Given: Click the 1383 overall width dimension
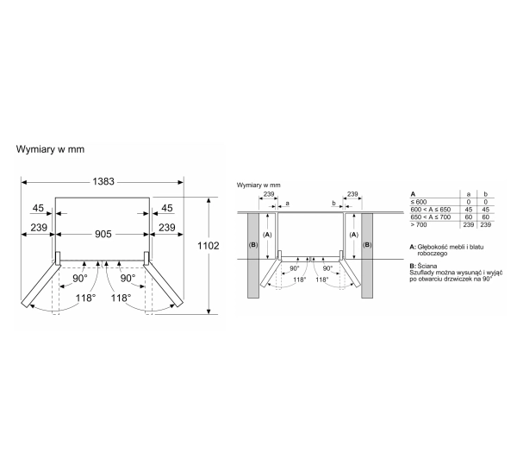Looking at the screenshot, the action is point(103,182).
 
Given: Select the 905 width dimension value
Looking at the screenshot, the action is point(103,234).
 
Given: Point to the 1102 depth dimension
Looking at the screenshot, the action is point(208,246).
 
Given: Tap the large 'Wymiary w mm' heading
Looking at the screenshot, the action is point(50,149).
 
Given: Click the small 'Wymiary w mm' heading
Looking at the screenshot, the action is point(258,185).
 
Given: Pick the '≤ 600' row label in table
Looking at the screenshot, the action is point(419,202).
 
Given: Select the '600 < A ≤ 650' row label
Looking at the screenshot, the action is point(430,210).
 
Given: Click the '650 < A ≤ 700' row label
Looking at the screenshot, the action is point(430,217).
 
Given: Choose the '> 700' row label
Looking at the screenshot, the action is point(419,224).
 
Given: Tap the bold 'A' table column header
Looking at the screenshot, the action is point(413,194).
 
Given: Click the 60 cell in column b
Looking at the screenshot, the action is point(485,217).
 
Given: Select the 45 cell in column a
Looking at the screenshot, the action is point(469,210).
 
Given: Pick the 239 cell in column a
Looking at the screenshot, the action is point(469,224).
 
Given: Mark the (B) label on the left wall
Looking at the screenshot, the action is point(253,245).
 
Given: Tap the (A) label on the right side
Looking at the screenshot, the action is point(353,235).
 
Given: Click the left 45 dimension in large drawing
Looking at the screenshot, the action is point(38,208).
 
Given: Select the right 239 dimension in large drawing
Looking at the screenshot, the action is point(167,228).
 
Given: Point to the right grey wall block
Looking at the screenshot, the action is point(367,255).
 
